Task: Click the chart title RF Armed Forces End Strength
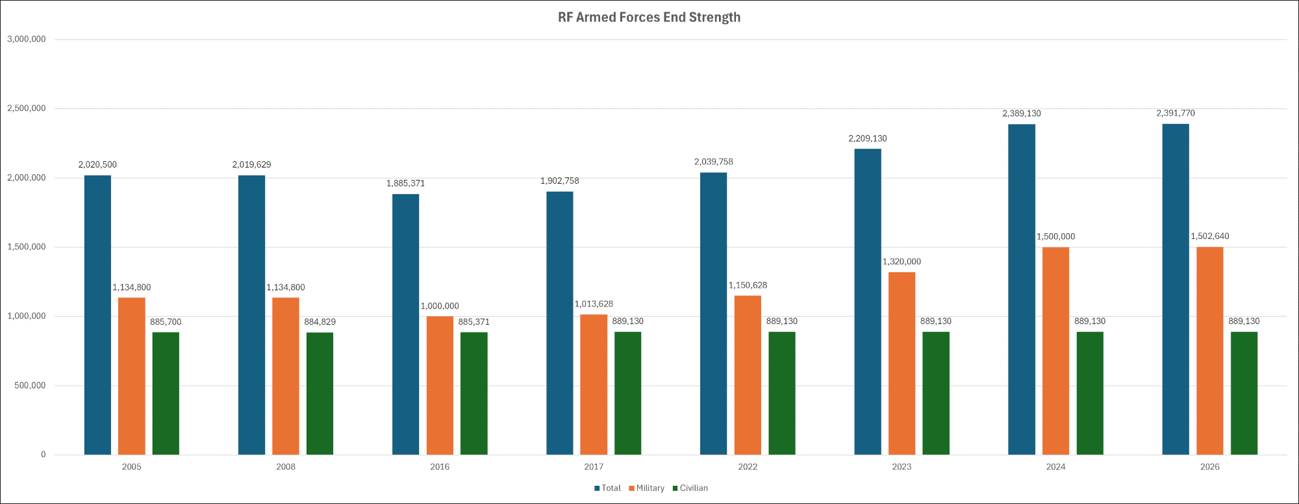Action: pos(649,18)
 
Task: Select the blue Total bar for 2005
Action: pos(97,315)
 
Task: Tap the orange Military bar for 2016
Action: pos(440,385)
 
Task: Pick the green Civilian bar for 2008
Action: pos(320,393)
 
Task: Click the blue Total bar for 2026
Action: pos(1176,289)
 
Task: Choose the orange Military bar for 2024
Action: pos(1055,351)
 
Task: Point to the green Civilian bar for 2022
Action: pos(782,393)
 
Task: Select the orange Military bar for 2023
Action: pos(902,363)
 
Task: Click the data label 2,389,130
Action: pos(1022,114)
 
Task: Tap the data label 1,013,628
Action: pos(594,304)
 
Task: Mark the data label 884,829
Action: pos(320,322)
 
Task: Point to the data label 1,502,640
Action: pos(1210,236)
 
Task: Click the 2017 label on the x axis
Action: pos(594,467)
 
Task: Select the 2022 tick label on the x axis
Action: pos(748,467)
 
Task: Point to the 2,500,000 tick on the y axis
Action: pos(27,108)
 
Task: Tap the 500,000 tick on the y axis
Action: pos(31,386)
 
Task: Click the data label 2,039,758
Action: pos(713,162)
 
